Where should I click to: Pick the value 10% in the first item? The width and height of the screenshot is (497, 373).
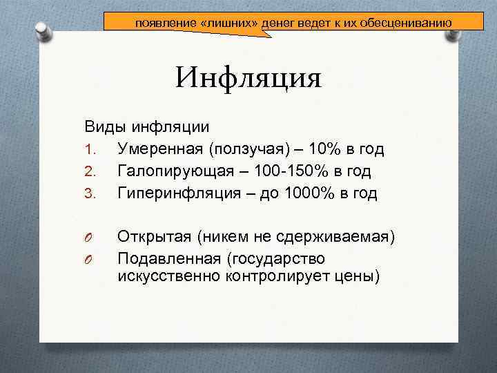(x=322, y=149)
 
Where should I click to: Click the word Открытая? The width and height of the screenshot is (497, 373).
(x=154, y=238)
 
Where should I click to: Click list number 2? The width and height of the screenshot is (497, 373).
(x=90, y=171)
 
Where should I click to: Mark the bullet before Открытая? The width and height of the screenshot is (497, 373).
(x=89, y=238)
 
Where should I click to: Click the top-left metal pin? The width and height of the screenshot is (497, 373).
(x=43, y=30)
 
